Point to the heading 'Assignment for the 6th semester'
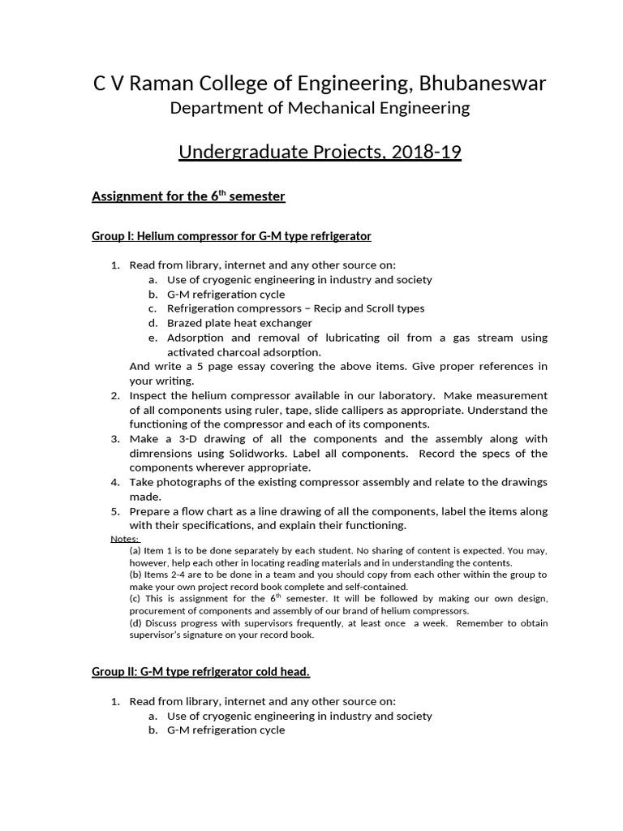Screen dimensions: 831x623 click(x=188, y=196)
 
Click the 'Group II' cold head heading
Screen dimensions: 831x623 click(x=200, y=672)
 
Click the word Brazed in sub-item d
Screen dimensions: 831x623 click(x=185, y=323)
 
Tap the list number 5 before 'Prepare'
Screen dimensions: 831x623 click(x=114, y=511)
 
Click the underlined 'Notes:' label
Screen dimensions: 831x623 click(x=124, y=539)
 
